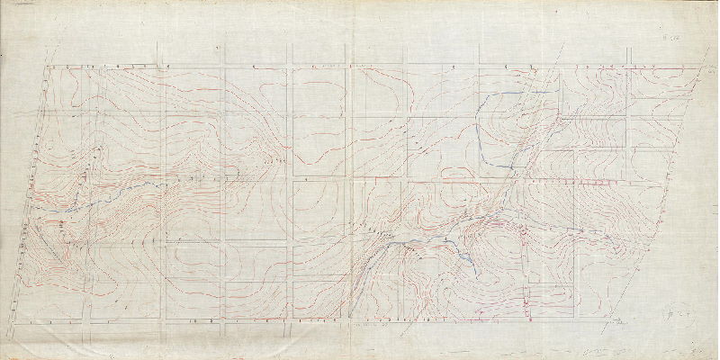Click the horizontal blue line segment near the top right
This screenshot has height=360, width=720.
[538, 92]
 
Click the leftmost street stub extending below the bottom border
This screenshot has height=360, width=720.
[91, 329]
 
